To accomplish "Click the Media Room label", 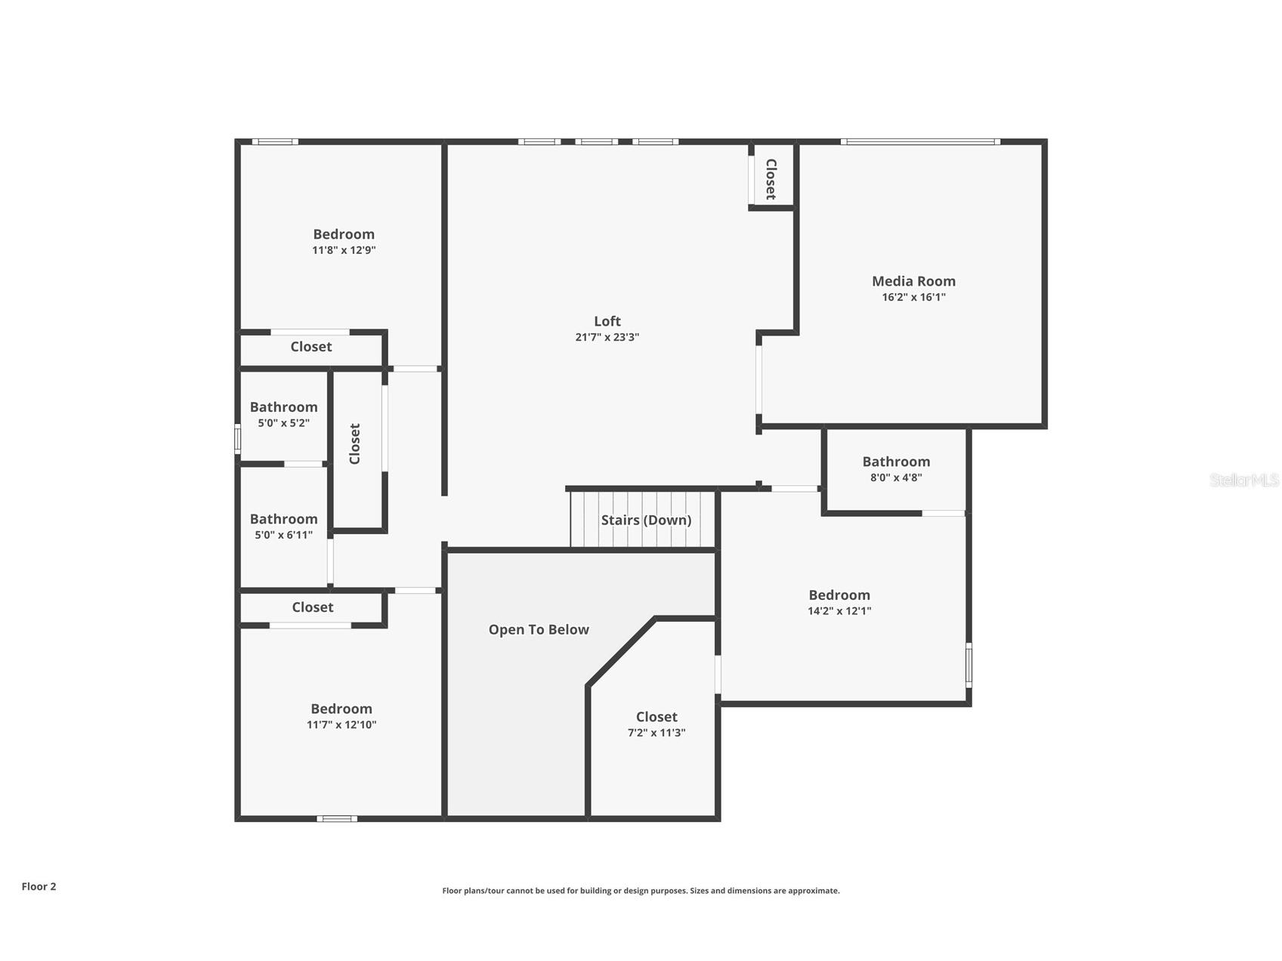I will (913, 281).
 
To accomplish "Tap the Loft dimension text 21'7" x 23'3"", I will (607, 337).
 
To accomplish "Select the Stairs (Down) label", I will (646, 520).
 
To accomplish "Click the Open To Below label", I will (539, 629).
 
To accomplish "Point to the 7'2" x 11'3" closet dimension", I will (656, 733).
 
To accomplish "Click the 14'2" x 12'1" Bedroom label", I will (839, 595).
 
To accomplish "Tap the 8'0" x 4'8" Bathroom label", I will (896, 462).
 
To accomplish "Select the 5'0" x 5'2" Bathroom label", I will (283, 407).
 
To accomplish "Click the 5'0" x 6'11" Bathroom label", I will (283, 519).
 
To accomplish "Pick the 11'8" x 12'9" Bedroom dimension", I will (344, 250).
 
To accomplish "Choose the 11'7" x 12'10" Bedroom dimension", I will (341, 725).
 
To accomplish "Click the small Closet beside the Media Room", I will (771, 179).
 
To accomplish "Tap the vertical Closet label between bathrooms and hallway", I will (355, 443).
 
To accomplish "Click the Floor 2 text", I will (39, 886).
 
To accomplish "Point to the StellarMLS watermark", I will (1243, 480).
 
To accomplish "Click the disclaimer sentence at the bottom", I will (641, 891).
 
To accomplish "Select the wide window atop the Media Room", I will (920, 141).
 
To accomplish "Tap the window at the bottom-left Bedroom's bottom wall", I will (337, 818).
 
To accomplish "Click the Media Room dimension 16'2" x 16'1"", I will (913, 297).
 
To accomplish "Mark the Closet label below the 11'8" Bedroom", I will (311, 347).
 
